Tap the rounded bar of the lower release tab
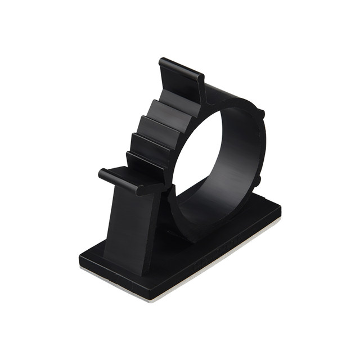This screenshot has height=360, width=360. click(119, 179)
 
